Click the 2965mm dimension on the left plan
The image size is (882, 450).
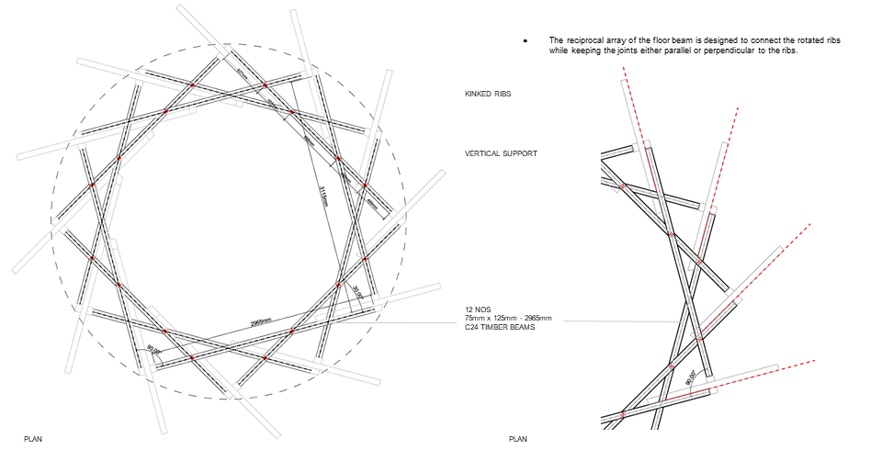pyautogui.click(x=260, y=322)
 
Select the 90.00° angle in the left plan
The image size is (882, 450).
pyautogui.click(x=153, y=350)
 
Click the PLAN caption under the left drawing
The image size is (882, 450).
pyautogui.click(x=33, y=439)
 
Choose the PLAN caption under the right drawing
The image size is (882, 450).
pyautogui.click(x=518, y=439)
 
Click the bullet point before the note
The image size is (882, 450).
pyautogui.click(x=525, y=42)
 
